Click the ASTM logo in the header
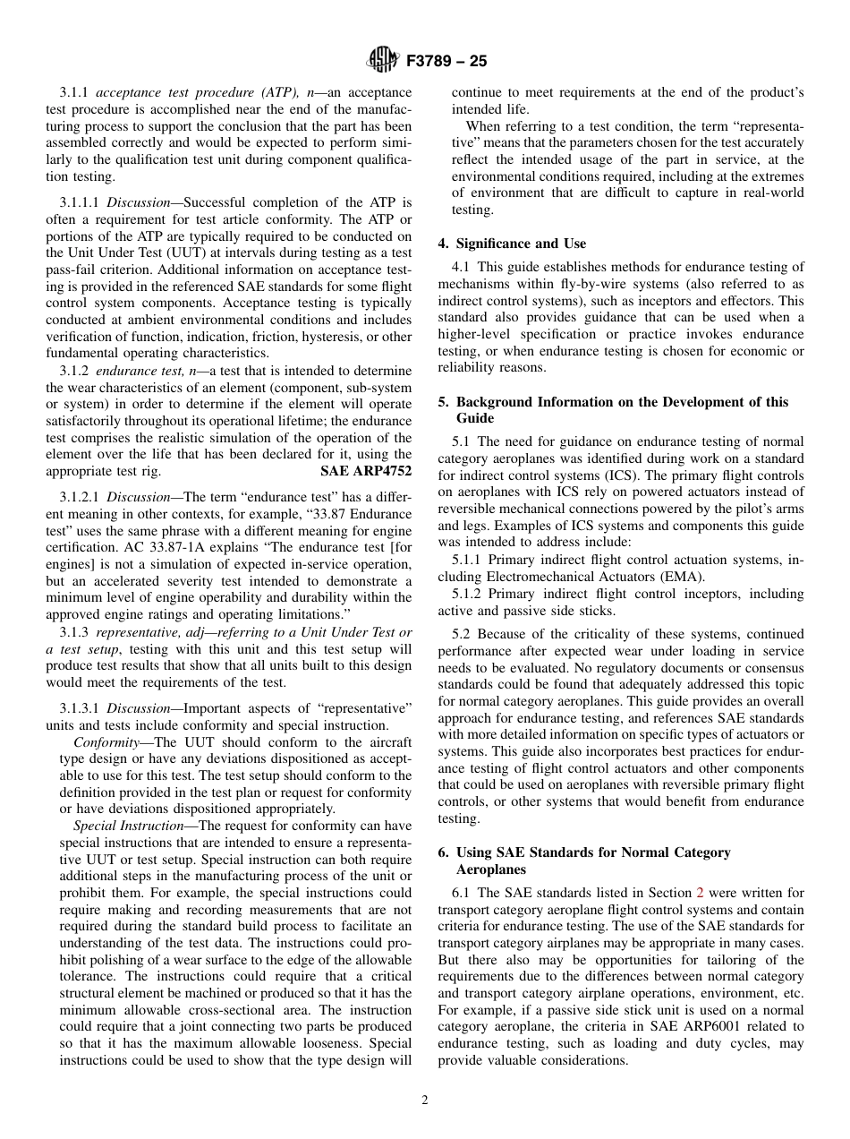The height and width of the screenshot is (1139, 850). tap(383, 61)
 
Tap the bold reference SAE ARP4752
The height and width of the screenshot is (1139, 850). tap(366, 471)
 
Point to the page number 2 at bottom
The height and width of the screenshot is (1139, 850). tap(425, 1100)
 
